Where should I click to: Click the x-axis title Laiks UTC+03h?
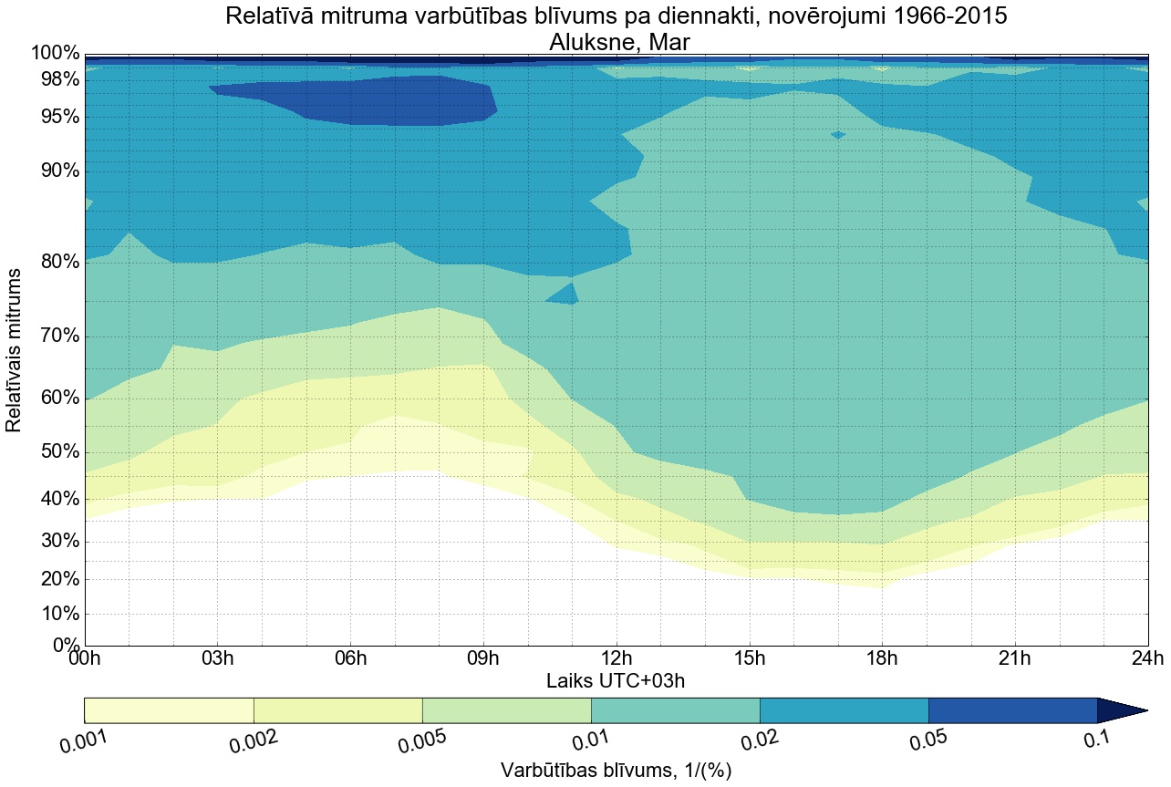point(616,681)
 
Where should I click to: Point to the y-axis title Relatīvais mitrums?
point(15,350)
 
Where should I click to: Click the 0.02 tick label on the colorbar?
point(759,742)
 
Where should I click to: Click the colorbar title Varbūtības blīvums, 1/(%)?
point(616,771)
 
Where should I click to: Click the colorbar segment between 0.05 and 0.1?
point(1012,710)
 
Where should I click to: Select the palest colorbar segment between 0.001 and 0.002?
point(169,710)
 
